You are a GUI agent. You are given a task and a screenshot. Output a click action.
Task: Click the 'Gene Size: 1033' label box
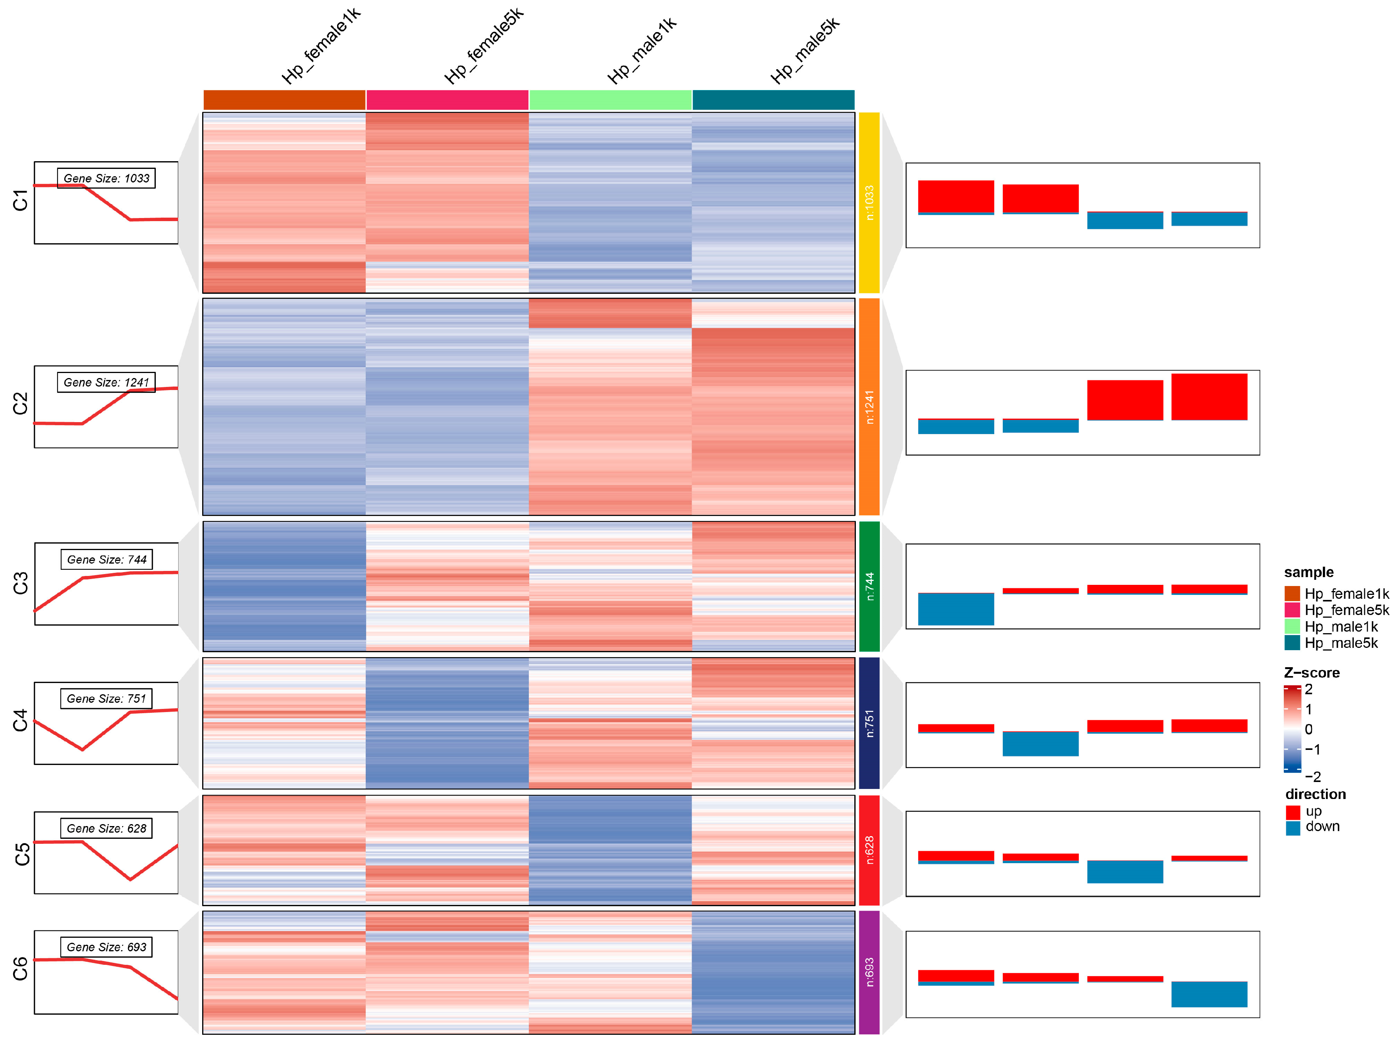coord(106,178)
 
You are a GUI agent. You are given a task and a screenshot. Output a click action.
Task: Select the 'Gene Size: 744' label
coord(106,560)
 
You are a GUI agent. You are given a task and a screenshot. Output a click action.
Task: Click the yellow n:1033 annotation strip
coord(869,203)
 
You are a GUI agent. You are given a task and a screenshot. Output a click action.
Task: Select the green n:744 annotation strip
coord(869,586)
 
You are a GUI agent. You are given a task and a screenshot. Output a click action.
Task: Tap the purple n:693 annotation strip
coord(869,972)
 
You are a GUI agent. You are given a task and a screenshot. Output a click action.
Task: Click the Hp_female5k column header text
coord(484,46)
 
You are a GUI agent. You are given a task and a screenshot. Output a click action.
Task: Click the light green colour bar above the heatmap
coord(610,100)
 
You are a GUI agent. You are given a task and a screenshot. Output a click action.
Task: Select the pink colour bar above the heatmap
coord(447,100)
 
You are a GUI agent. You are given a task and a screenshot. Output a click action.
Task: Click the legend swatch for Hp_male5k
coord(1292,643)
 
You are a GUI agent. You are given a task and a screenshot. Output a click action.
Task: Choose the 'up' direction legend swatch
coord(1293,811)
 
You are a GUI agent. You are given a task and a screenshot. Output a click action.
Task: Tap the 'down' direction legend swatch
coord(1293,827)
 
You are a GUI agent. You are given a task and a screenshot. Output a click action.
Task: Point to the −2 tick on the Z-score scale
coord(1313,777)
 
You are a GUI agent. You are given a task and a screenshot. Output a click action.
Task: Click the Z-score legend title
coord(1312,673)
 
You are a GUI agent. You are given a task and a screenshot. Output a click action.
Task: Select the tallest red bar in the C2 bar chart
coord(1209,397)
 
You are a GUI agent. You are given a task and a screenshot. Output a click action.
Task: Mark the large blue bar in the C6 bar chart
coord(1209,994)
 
